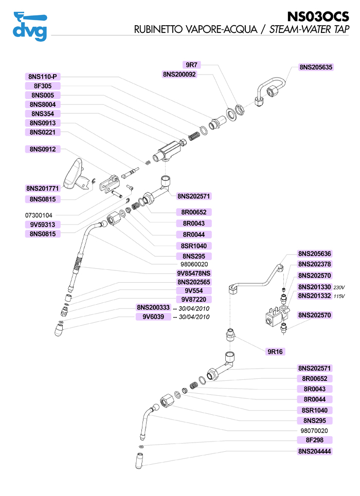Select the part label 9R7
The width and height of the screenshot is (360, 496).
point(192,65)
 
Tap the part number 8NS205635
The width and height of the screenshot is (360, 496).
point(315,67)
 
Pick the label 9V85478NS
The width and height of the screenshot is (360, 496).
point(193,273)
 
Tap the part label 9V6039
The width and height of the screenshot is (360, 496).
point(153,317)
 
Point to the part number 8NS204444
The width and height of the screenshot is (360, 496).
point(315,451)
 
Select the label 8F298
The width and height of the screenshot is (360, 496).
point(315,440)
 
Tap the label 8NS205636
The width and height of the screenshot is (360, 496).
point(315,253)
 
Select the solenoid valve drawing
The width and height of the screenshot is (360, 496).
point(275,315)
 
